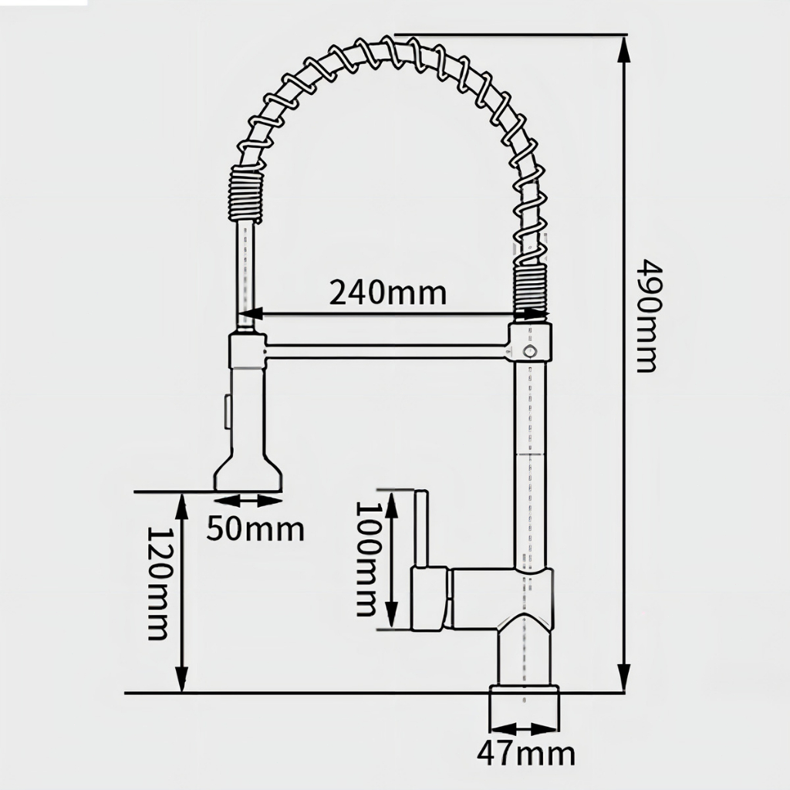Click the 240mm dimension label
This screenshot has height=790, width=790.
click(388, 293)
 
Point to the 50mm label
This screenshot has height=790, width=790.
click(255, 529)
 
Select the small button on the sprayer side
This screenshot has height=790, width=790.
click(227, 410)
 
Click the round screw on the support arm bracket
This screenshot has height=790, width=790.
click(529, 351)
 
